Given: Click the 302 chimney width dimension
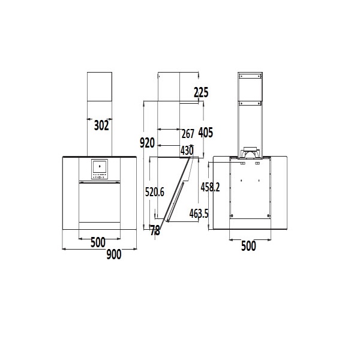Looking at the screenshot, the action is [101, 125].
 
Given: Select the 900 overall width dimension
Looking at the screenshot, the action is [114, 254].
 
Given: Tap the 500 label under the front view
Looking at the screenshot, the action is [98, 242].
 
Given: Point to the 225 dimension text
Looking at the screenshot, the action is [201, 92].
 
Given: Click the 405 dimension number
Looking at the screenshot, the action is [205, 133].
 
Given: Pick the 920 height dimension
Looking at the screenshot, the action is [147, 143].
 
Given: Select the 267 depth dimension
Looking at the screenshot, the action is [188, 134].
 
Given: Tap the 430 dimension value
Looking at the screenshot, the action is [187, 151].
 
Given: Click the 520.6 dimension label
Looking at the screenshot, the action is [155, 192].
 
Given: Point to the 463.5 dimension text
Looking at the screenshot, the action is [199, 214].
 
